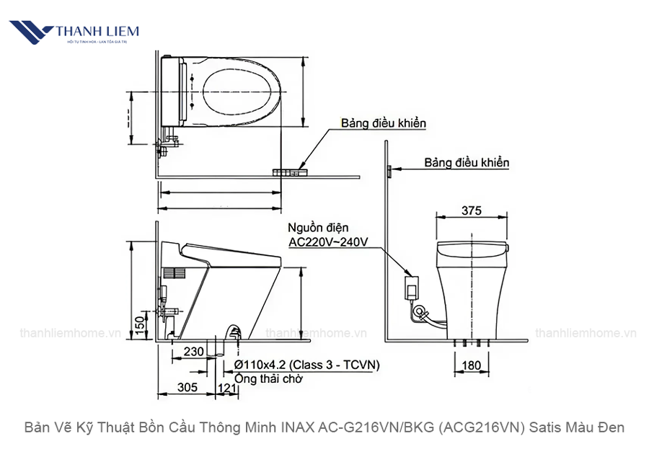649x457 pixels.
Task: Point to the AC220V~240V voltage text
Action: pyautogui.click(x=328, y=242)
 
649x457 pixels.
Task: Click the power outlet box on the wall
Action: pyautogui.click(x=412, y=286)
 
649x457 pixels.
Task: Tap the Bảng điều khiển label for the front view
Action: pyautogui.click(x=467, y=163)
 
